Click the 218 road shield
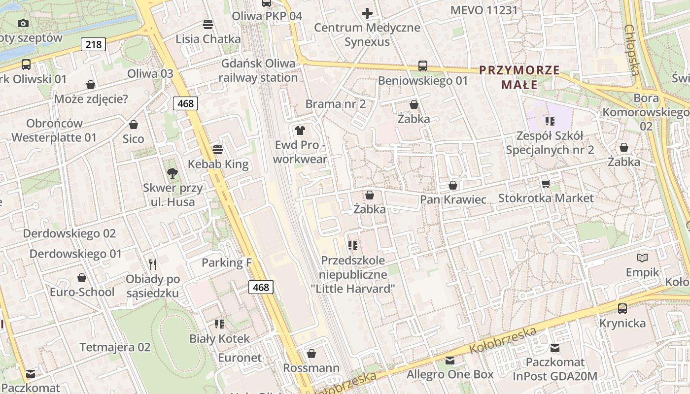93,45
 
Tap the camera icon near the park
23,23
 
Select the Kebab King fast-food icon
218,149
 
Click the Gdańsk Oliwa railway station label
258,70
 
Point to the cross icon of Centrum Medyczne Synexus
367,13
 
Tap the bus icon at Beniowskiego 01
422,66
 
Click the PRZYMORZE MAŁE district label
519,77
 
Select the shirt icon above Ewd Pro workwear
300,131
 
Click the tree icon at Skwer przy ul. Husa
172,173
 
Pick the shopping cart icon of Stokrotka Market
546,184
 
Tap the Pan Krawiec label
453,199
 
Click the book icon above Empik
642,258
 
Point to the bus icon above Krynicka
622,309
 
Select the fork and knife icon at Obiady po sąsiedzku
153,264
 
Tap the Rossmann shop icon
311,354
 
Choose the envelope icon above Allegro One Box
449,360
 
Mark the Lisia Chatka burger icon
208,25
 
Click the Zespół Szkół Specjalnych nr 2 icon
550,121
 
